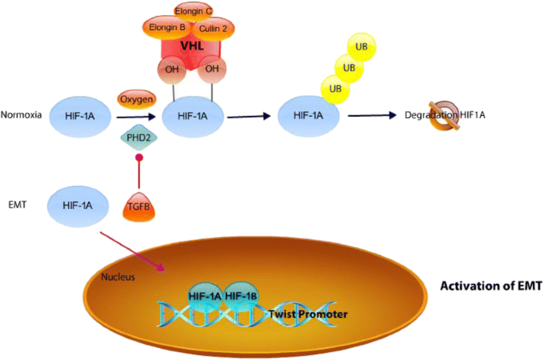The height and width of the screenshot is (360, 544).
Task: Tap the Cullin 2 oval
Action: [x=214, y=28]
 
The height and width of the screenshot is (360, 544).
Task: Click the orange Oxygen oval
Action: [x=135, y=99]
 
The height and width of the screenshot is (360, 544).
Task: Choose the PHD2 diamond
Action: [x=134, y=137]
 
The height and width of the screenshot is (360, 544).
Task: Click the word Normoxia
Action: [x=19, y=115]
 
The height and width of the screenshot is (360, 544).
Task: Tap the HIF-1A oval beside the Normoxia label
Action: [x=77, y=116]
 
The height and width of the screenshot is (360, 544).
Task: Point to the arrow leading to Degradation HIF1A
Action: [x=372, y=116]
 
